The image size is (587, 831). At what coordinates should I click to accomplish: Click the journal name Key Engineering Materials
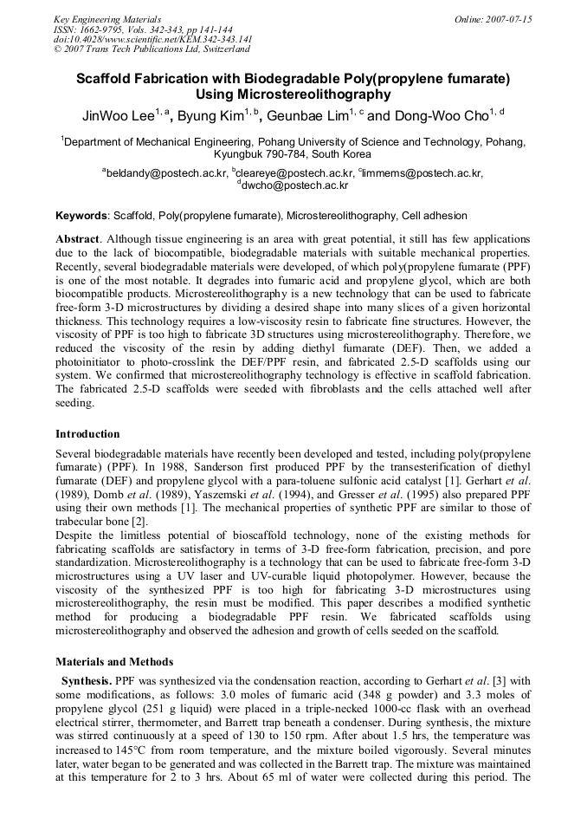pyautogui.click(x=107, y=19)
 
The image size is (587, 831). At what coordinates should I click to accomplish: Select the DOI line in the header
pyautogui.click(x=152, y=39)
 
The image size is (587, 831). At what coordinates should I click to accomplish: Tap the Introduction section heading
pyautogui.click(x=87, y=433)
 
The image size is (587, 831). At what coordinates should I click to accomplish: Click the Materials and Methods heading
pyautogui.click(x=113, y=662)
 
